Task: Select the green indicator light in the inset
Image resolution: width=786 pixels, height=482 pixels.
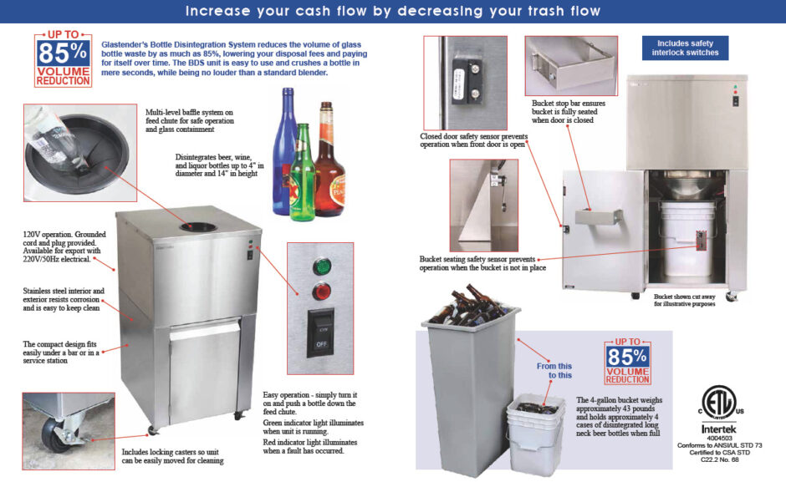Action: [320, 269]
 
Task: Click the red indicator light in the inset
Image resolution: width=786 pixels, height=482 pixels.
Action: [320, 292]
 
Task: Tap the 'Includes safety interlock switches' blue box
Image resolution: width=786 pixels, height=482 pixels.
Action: [685, 48]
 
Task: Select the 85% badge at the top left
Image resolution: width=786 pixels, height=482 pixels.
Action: [63, 60]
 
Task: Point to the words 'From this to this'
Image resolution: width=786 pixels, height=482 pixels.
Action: [554, 369]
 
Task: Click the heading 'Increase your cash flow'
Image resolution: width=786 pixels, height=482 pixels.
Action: [392, 11]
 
